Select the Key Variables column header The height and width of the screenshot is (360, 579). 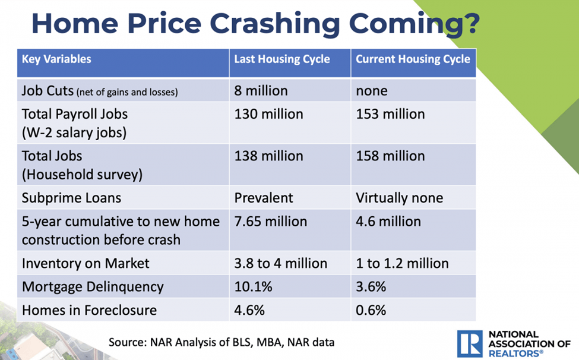coord(56,59)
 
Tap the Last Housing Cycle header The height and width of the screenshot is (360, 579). coord(282,59)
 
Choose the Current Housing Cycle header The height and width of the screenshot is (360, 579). coord(413,59)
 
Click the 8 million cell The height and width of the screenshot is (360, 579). coord(261,91)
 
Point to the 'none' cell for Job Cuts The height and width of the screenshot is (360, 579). coord(372,91)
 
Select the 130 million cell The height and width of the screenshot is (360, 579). coord(268,113)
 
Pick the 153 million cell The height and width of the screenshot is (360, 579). coord(390,113)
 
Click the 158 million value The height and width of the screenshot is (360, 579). coord(390,156)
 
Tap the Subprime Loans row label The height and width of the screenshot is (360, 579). coord(64,198)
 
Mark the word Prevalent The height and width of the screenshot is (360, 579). coord(264,198)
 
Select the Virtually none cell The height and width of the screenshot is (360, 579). coord(399,198)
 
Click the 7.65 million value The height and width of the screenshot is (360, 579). coord(271,222)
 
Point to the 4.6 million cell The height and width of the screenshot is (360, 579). coord(388,222)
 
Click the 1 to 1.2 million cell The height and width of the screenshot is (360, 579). coord(402,263)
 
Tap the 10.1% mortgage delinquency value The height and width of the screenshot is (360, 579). coord(254,286)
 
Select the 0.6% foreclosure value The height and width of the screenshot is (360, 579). coord(371,310)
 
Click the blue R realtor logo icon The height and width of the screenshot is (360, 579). coord(470,343)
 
